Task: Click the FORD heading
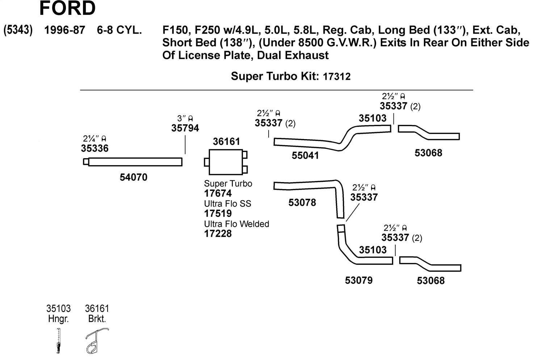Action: [67, 8]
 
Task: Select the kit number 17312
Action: [337, 77]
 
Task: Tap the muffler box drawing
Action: [226, 162]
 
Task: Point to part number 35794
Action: [185, 128]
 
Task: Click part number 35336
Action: [94, 148]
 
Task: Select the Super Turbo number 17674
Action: [218, 193]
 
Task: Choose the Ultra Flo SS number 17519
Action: [218, 213]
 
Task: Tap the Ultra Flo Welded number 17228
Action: [218, 234]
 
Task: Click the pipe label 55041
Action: [305, 155]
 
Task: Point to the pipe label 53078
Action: [302, 202]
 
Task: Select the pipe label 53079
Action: [358, 280]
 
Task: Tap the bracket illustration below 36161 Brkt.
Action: [97, 340]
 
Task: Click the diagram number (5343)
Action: [18, 30]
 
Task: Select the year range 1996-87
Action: [65, 30]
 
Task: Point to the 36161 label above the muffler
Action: [226, 141]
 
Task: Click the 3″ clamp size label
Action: [185, 118]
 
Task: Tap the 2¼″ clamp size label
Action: [94, 139]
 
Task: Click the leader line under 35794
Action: [185, 145]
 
